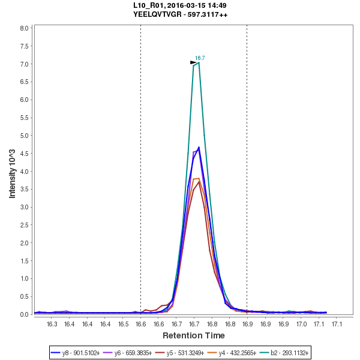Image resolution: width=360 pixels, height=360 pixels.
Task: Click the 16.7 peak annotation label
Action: coord(200,58)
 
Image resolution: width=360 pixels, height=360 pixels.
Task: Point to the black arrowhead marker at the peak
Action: coord(193,62)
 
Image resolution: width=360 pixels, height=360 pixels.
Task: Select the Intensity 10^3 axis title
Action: coord(13,170)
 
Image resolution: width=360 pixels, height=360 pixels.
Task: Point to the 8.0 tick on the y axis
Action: coord(25,28)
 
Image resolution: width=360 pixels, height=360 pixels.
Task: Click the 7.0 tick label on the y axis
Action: coord(25,64)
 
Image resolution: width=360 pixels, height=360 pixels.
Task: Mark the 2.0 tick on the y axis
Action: coord(25,243)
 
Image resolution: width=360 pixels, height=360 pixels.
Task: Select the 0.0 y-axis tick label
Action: coord(25,314)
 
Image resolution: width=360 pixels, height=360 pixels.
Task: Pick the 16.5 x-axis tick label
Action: coord(123,325)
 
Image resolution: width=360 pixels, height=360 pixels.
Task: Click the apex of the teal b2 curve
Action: coord(198,62)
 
